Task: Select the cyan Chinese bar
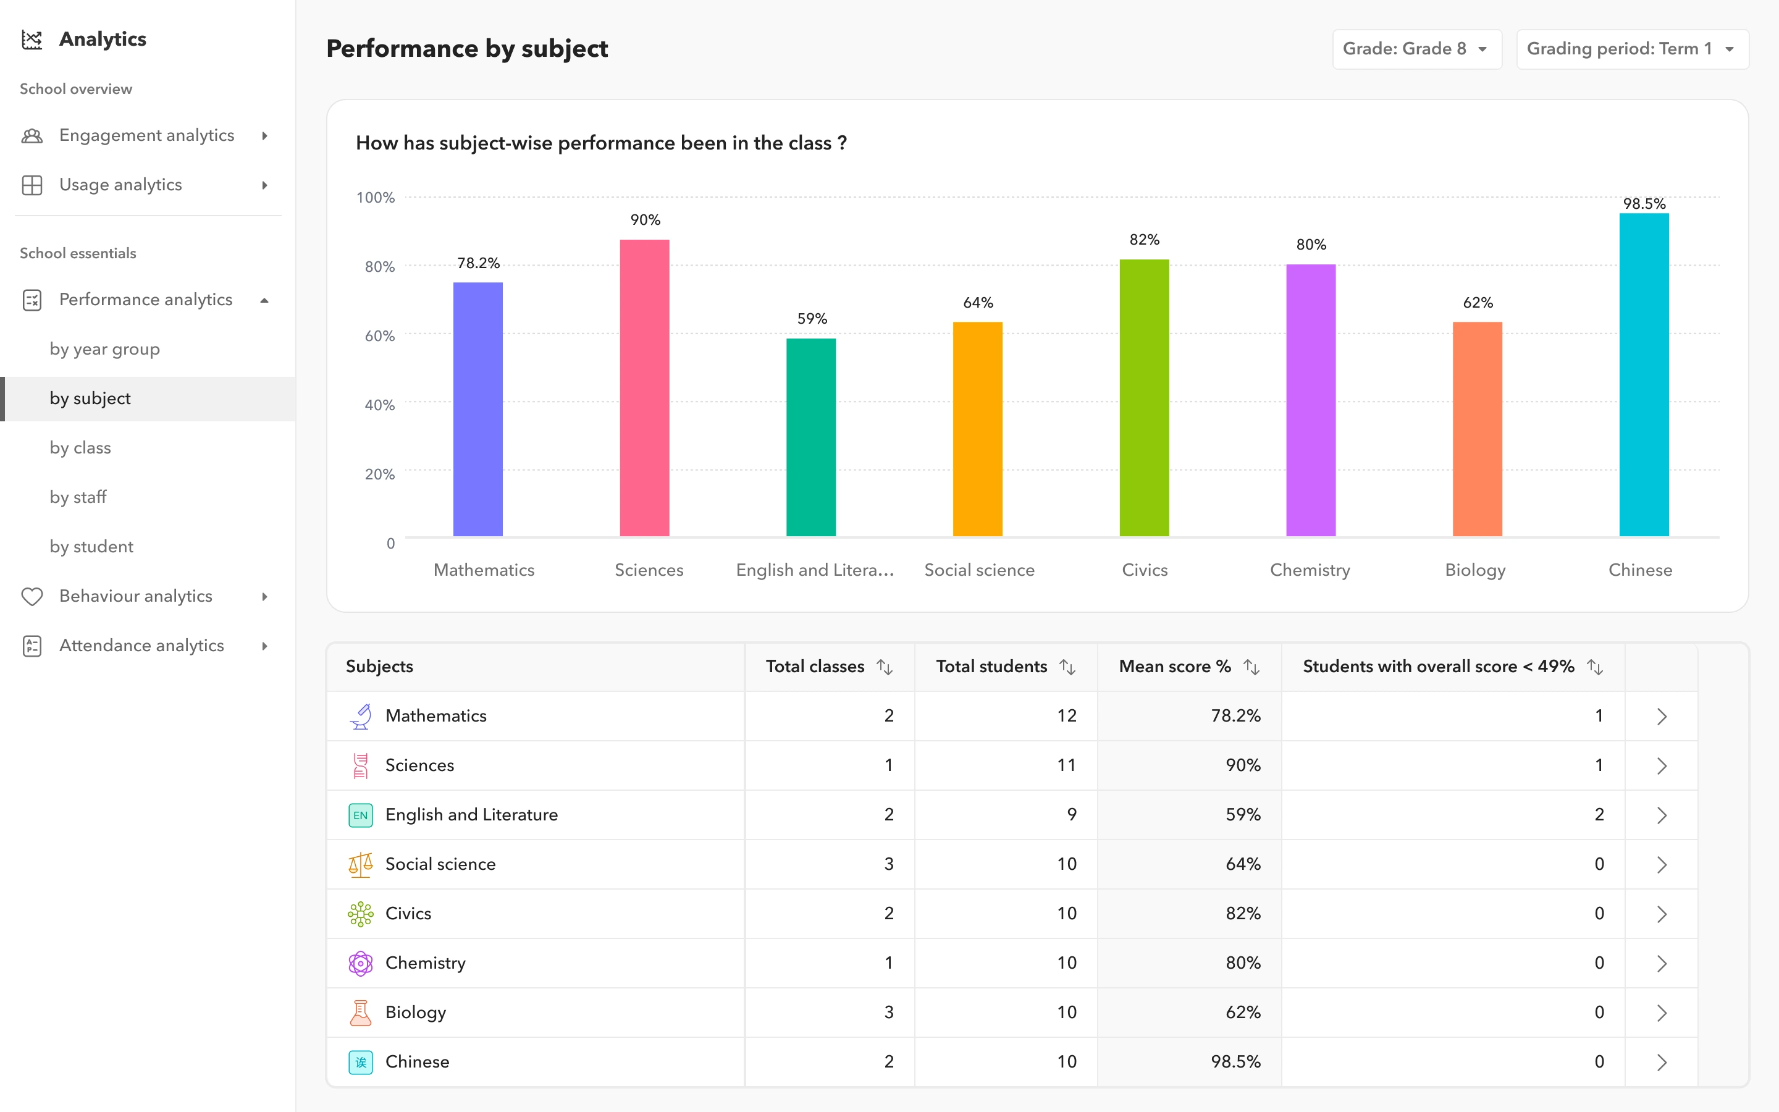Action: [1644, 374]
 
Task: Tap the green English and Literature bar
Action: [811, 437]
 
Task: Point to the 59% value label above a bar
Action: [812, 318]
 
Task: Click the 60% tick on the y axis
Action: [379, 336]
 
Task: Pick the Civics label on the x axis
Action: [1144, 570]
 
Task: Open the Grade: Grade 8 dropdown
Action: [1416, 49]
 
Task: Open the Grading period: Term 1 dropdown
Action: [1631, 49]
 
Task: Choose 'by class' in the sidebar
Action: [80, 448]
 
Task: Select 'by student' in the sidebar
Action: [91, 547]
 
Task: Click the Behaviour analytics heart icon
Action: [32, 596]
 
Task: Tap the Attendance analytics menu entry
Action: [141, 646]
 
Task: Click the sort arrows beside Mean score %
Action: [1251, 667]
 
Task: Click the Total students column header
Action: [991, 667]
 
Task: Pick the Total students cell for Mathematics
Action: [1066, 715]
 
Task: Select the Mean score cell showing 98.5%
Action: [1235, 1061]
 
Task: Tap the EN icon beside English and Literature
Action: [360, 815]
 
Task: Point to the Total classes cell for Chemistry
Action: [888, 962]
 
